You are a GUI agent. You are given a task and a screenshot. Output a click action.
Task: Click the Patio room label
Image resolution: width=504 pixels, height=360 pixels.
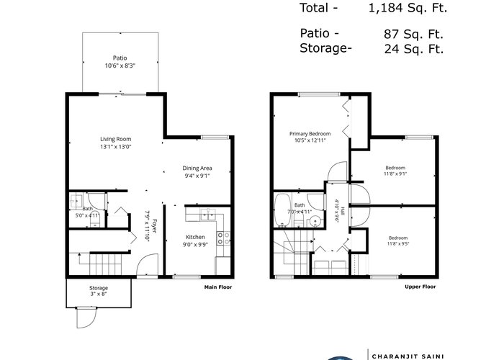(x=120, y=58)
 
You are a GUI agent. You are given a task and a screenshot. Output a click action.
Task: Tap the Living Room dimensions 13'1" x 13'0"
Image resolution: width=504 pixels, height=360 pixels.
(x=116, y=147)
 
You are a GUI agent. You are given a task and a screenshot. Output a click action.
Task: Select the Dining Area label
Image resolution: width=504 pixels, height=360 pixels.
(x=197, y=168)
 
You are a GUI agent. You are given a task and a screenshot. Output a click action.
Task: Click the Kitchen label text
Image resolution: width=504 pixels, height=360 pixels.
(x=195, y=237)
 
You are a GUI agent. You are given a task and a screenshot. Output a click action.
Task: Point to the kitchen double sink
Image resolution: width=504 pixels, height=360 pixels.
(x=208, y=215)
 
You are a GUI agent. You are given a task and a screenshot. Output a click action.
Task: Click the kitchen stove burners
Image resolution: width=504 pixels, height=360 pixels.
(x=223, y=238)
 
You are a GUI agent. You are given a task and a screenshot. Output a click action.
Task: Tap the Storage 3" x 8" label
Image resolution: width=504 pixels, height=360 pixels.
(x=99, y=291)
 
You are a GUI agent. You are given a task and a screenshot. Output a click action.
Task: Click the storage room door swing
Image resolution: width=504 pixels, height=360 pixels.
(x=86, y=318)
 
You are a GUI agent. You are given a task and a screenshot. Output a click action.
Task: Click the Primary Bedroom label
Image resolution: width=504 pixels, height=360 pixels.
(x=310, y=134)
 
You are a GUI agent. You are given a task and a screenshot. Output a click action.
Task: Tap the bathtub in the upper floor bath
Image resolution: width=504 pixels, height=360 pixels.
(x=282, y=210)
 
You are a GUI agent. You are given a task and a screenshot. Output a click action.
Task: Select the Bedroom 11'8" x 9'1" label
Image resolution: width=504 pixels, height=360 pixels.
(x=395, y=171)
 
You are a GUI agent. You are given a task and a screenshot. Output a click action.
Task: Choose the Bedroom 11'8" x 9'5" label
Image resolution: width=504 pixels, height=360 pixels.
(x=398, y=240)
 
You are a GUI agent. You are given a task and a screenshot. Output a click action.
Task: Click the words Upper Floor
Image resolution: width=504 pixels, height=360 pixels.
(x=420, y=287)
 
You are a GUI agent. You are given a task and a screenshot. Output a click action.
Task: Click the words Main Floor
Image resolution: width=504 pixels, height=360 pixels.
(x=218, y=287)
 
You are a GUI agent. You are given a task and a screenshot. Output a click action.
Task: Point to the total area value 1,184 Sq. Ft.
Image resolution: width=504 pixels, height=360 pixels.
(x=408, y=8)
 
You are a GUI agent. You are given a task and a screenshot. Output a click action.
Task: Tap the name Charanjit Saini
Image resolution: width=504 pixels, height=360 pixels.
(x=408, y=356)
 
